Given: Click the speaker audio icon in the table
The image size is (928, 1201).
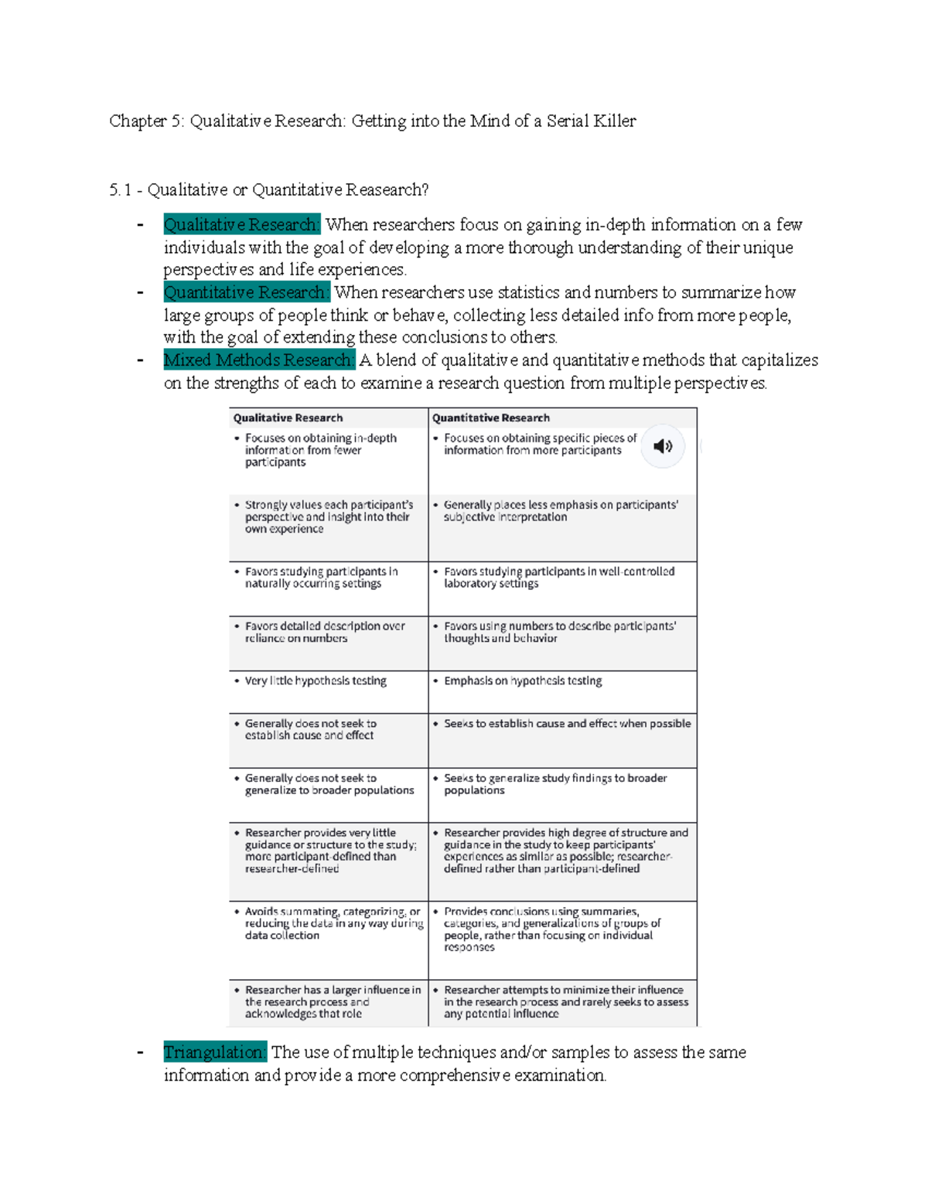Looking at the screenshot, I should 663,446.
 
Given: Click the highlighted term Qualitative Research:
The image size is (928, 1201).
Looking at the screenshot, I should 241,225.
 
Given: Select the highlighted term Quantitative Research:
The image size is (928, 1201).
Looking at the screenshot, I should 246,292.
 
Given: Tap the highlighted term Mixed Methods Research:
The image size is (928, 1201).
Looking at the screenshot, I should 258,360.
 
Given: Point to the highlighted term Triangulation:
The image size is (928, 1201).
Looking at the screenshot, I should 214,1053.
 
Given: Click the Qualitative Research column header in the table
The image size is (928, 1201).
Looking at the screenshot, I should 288,418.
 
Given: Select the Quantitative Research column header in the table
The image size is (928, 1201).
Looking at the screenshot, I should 490,418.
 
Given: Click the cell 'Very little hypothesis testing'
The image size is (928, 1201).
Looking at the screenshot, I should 316,681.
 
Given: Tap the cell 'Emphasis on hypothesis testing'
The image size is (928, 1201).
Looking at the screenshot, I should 523,681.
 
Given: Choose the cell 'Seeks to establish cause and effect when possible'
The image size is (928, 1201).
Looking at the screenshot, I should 567,724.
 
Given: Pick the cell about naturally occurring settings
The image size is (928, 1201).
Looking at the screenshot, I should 321,578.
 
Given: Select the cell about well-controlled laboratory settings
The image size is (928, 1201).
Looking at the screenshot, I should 558,578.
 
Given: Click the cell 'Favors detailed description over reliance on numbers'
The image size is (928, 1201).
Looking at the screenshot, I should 324,632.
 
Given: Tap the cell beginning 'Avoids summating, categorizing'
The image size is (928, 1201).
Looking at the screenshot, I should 333,923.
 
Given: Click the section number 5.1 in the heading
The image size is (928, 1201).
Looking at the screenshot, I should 120,190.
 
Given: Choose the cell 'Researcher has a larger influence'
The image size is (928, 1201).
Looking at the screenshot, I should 333,1001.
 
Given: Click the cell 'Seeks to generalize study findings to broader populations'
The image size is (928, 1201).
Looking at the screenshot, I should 554,784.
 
